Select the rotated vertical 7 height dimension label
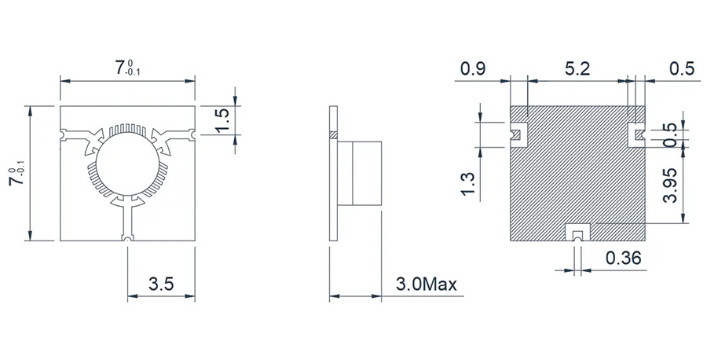click(x=16, y=173)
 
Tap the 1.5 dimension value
click(x=222, y=119)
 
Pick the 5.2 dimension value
click(x=578, y=69)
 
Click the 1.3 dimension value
click(x=469, y=183)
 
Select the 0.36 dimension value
click(x=625, y=257)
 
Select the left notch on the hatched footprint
click(x=518, y=134)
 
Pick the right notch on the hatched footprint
click(x=636, y=135)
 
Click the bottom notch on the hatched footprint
click(x=578, y=233)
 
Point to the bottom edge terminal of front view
click(x=126, y=237)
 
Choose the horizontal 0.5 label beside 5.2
click(x=680, y=69)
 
